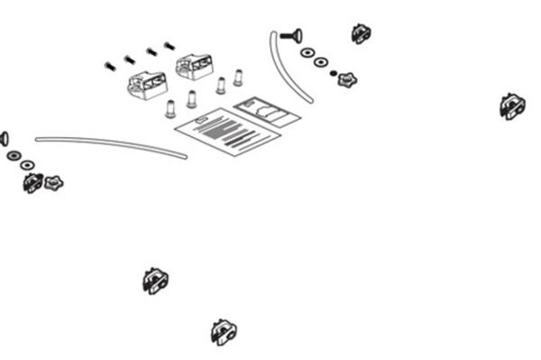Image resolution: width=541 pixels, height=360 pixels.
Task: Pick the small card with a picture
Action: (x=268, y=111)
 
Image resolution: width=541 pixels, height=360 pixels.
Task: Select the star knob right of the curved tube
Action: (x=346, y=79)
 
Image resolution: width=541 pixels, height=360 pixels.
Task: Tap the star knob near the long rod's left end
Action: (x=54, y=183)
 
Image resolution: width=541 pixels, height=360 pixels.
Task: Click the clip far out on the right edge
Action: (x=511, y=106)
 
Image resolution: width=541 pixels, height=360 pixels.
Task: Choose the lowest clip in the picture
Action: (x=223, y=332)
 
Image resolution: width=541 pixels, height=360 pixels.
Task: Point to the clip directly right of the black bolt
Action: (x=361, y=34)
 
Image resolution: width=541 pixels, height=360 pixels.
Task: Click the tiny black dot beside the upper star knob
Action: (x=334, y=72)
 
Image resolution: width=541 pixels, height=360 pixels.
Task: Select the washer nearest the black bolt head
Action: (x=307, y=52)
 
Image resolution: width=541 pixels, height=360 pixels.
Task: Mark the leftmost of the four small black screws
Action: (x=110, y=66)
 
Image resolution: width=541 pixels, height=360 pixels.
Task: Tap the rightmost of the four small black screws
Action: (x=169, y=45)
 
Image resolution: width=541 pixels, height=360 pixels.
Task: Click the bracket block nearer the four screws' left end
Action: (x=148, y=85)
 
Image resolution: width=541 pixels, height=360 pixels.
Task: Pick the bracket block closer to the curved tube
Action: (x=195, y=66)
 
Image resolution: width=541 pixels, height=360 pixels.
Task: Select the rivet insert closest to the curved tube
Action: (x=239, y=78)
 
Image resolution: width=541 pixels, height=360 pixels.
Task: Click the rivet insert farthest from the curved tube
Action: (x=170, y=109)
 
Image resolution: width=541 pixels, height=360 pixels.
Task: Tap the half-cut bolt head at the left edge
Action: (x=3, y=138)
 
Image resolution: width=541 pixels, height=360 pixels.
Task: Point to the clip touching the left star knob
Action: (x=32, y=183)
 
